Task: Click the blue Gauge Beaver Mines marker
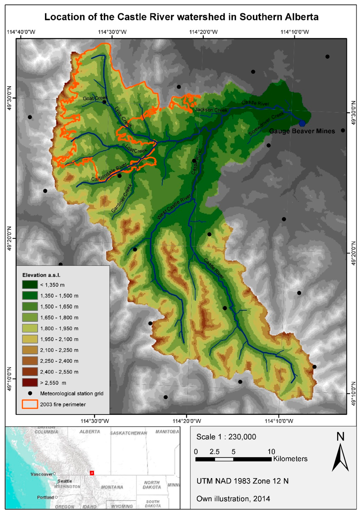pyautogui.click(x=302, y=123)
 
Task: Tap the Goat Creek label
pyautogui.click(x=95, y=98)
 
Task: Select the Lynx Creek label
pyautogui.click(x=123, y=117)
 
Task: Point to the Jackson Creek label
pyautogui.click(x=211, y=110)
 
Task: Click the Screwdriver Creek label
pyautogui.click(x=266, y=124)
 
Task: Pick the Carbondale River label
pyautogui.click(x=109, y=172)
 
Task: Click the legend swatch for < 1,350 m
pyautogui.click(x=30, y=285)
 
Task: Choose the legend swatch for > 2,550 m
pyautogui.click(x=30, y=383)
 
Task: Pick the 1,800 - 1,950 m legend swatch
pyautogui.click(x=30, y=328)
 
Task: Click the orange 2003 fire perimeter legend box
pyautogui.click(x=30, y=404)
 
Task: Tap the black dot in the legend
pyautogui.click(x=30, y=393)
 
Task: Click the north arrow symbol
pyautogui.click(x=340, y=457)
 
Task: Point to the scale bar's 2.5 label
pyautogui.click(x=214, y=452)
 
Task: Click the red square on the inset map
pyautogui.click(x=92, y=473)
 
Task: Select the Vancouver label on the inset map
pyautogui.click(x=41, y=474)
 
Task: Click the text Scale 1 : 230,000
pyautogui.click(x=226, y=437)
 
